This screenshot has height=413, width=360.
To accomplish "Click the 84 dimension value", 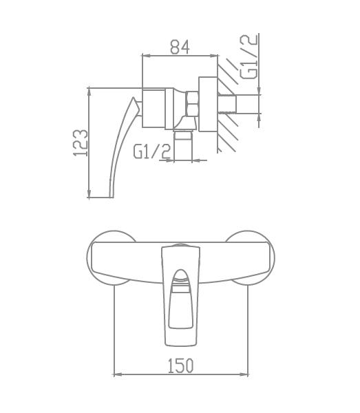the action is click(x=180, y=47).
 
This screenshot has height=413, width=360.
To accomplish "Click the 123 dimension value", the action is click(x=80, y=142).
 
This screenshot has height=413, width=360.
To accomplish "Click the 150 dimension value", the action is click(x=180, y=366).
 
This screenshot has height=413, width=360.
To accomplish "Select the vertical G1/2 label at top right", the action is click(x=248, y=57).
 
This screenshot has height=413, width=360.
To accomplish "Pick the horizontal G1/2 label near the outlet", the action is click(x=152, y=151).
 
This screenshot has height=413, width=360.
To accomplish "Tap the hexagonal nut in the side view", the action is click(x=192, y=104).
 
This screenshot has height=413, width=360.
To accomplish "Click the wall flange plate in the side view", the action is click(x=208, y=105).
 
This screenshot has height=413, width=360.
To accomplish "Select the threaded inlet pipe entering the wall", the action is click(x=227, y=104).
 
